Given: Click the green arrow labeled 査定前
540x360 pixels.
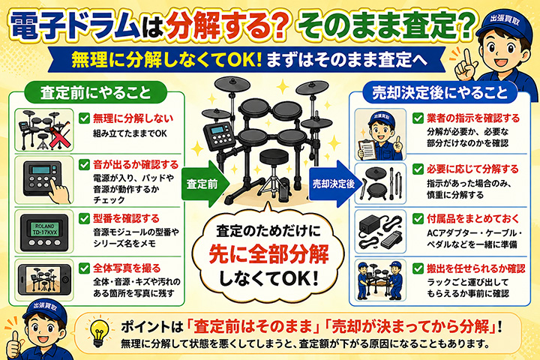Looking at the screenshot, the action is click(203, 184).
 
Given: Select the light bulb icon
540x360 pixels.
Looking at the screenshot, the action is click(99, 332).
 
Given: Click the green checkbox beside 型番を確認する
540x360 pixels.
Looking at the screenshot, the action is click(84, 218).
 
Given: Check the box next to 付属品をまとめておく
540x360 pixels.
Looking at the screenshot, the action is click(418, 218).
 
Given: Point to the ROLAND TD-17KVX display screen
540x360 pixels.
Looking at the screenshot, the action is click(45, 229).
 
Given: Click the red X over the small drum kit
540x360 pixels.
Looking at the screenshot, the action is click(60, 138).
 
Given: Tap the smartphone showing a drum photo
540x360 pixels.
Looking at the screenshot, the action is click(44, 280).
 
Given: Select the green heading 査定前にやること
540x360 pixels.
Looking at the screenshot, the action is click(96, 93).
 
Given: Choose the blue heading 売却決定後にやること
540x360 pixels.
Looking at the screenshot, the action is click(439, 93).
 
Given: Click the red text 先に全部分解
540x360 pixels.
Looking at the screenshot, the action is click(268, 254).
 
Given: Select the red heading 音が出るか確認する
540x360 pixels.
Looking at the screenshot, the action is click(136, 165).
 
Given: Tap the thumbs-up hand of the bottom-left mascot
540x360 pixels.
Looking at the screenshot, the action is click(14, 346).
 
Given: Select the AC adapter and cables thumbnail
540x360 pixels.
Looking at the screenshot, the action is click(380, 232).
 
